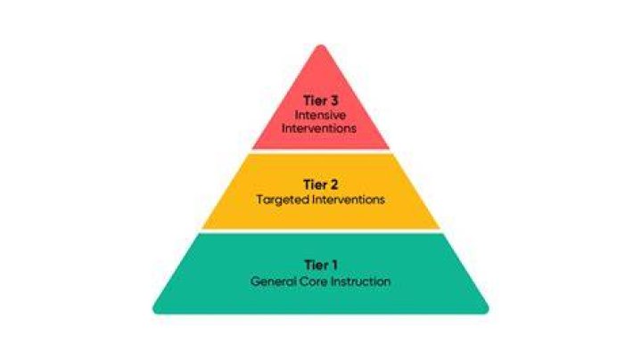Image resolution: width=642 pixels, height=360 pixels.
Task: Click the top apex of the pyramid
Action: (x=321, y=45)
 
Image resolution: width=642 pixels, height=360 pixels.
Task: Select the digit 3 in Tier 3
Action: (x=333, y=101)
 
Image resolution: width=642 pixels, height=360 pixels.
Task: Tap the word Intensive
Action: (x=320, y=115)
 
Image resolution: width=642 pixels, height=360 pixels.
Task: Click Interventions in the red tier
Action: (x=319, y=128)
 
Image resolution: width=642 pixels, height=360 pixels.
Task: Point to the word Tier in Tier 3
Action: (x=315, y=101)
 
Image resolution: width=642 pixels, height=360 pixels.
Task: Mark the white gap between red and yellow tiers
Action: (x=321, y=151)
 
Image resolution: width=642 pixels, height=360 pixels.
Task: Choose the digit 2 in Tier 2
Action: (x=333, y=185)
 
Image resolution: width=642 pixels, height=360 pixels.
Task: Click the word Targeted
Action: (x=283, y=200)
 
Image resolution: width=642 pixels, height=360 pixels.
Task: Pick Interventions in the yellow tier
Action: (x=349, y=200)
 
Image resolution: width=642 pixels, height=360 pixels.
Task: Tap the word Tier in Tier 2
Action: (x=315, y=185)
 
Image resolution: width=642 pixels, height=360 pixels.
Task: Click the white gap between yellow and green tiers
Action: (x=321, y=231)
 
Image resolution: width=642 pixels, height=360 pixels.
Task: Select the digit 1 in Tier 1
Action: (x=334, y=265)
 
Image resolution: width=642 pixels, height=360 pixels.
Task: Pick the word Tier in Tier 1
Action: (x=316, y=265)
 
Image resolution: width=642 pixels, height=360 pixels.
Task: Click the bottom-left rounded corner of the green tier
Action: (x=156, y=310)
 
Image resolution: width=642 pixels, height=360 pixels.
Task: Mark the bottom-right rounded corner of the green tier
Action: (x=486, y=310)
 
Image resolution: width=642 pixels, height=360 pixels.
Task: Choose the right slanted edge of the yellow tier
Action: (x=416, y=192)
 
